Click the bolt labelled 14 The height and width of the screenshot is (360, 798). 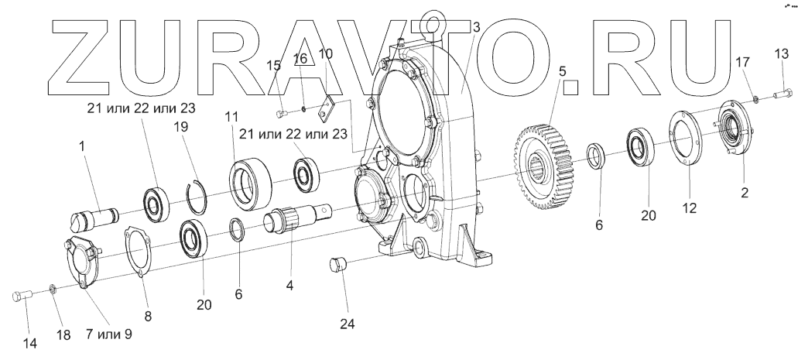tap(21, 296)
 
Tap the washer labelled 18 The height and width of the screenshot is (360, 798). tap(53, 290)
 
